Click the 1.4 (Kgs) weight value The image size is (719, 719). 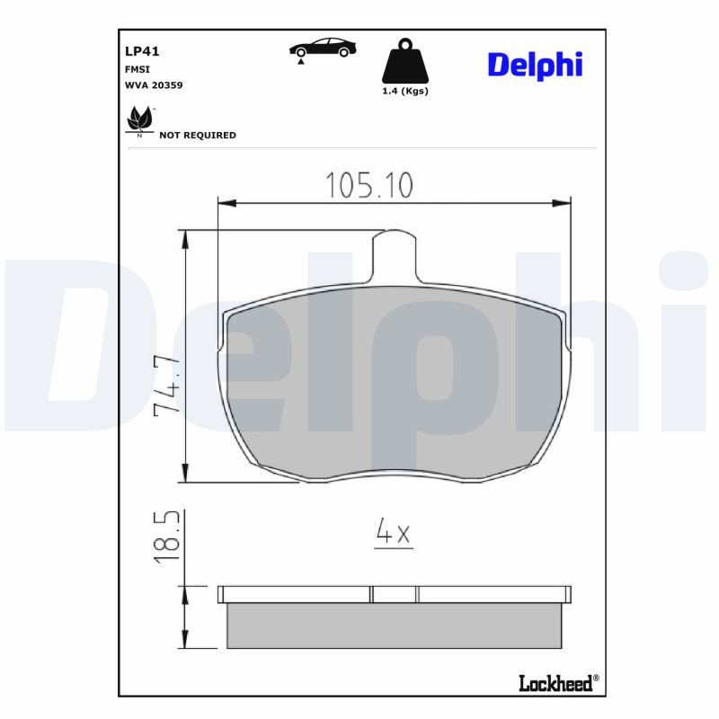[x=406, y=92]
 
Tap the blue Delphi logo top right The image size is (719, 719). [x=535, y=64]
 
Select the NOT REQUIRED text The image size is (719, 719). [x=197, y=136]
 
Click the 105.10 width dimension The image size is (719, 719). [x=368, y=185]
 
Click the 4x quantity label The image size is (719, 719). [x=393, y=534]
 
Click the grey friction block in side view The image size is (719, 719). [x=395, y=626]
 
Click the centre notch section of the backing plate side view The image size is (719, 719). [x=395, y=594]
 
